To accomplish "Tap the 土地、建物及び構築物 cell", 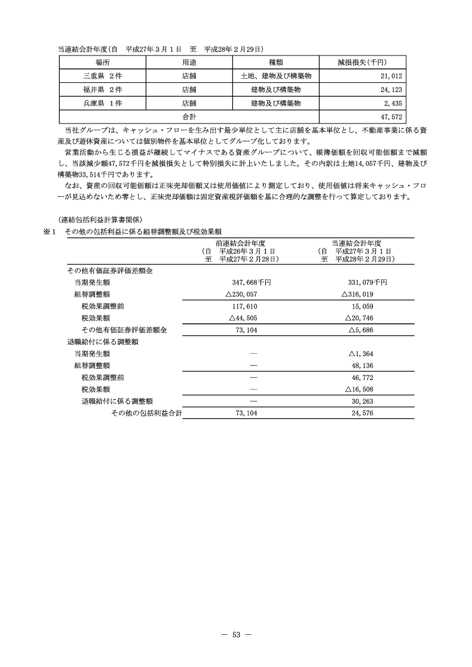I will (275, 76).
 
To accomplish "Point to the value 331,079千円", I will (367, 282).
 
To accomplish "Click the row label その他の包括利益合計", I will (147, 413).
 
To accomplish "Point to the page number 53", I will (236, 634).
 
